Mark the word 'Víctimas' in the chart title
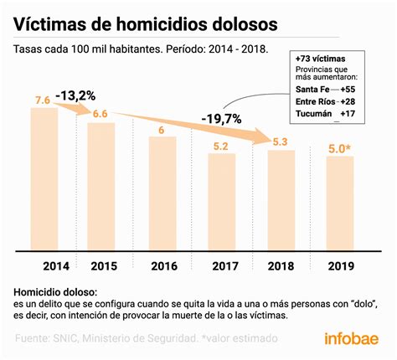click(x=52, y=18)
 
